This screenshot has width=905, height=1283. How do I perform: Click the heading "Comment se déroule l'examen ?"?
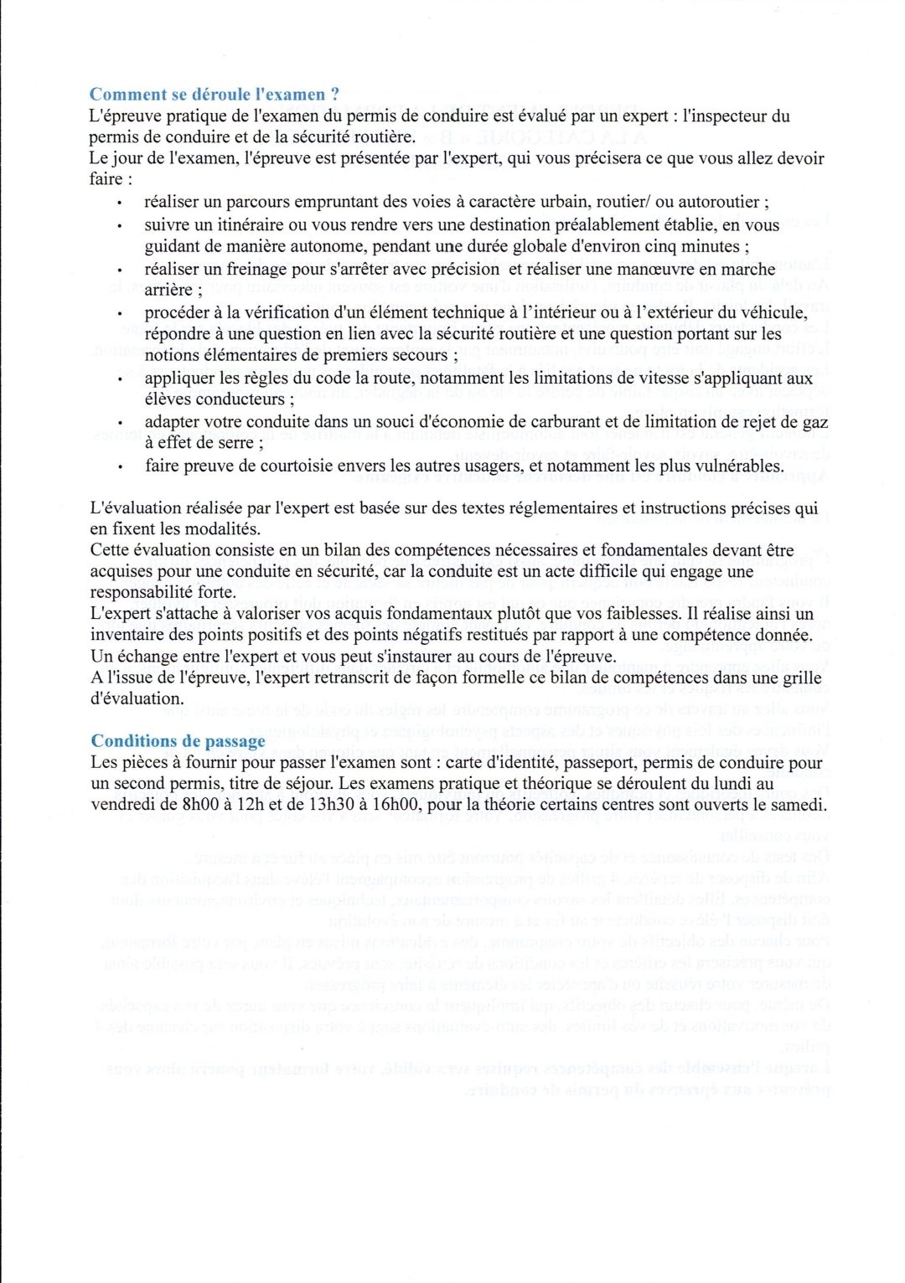point(215,94)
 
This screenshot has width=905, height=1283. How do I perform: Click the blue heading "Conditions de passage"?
point(178,741)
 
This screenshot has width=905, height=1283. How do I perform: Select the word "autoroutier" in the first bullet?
point(720,202)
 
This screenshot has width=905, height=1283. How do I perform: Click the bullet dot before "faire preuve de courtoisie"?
point(121,467)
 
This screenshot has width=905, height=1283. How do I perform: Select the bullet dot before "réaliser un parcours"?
point(121,204)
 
